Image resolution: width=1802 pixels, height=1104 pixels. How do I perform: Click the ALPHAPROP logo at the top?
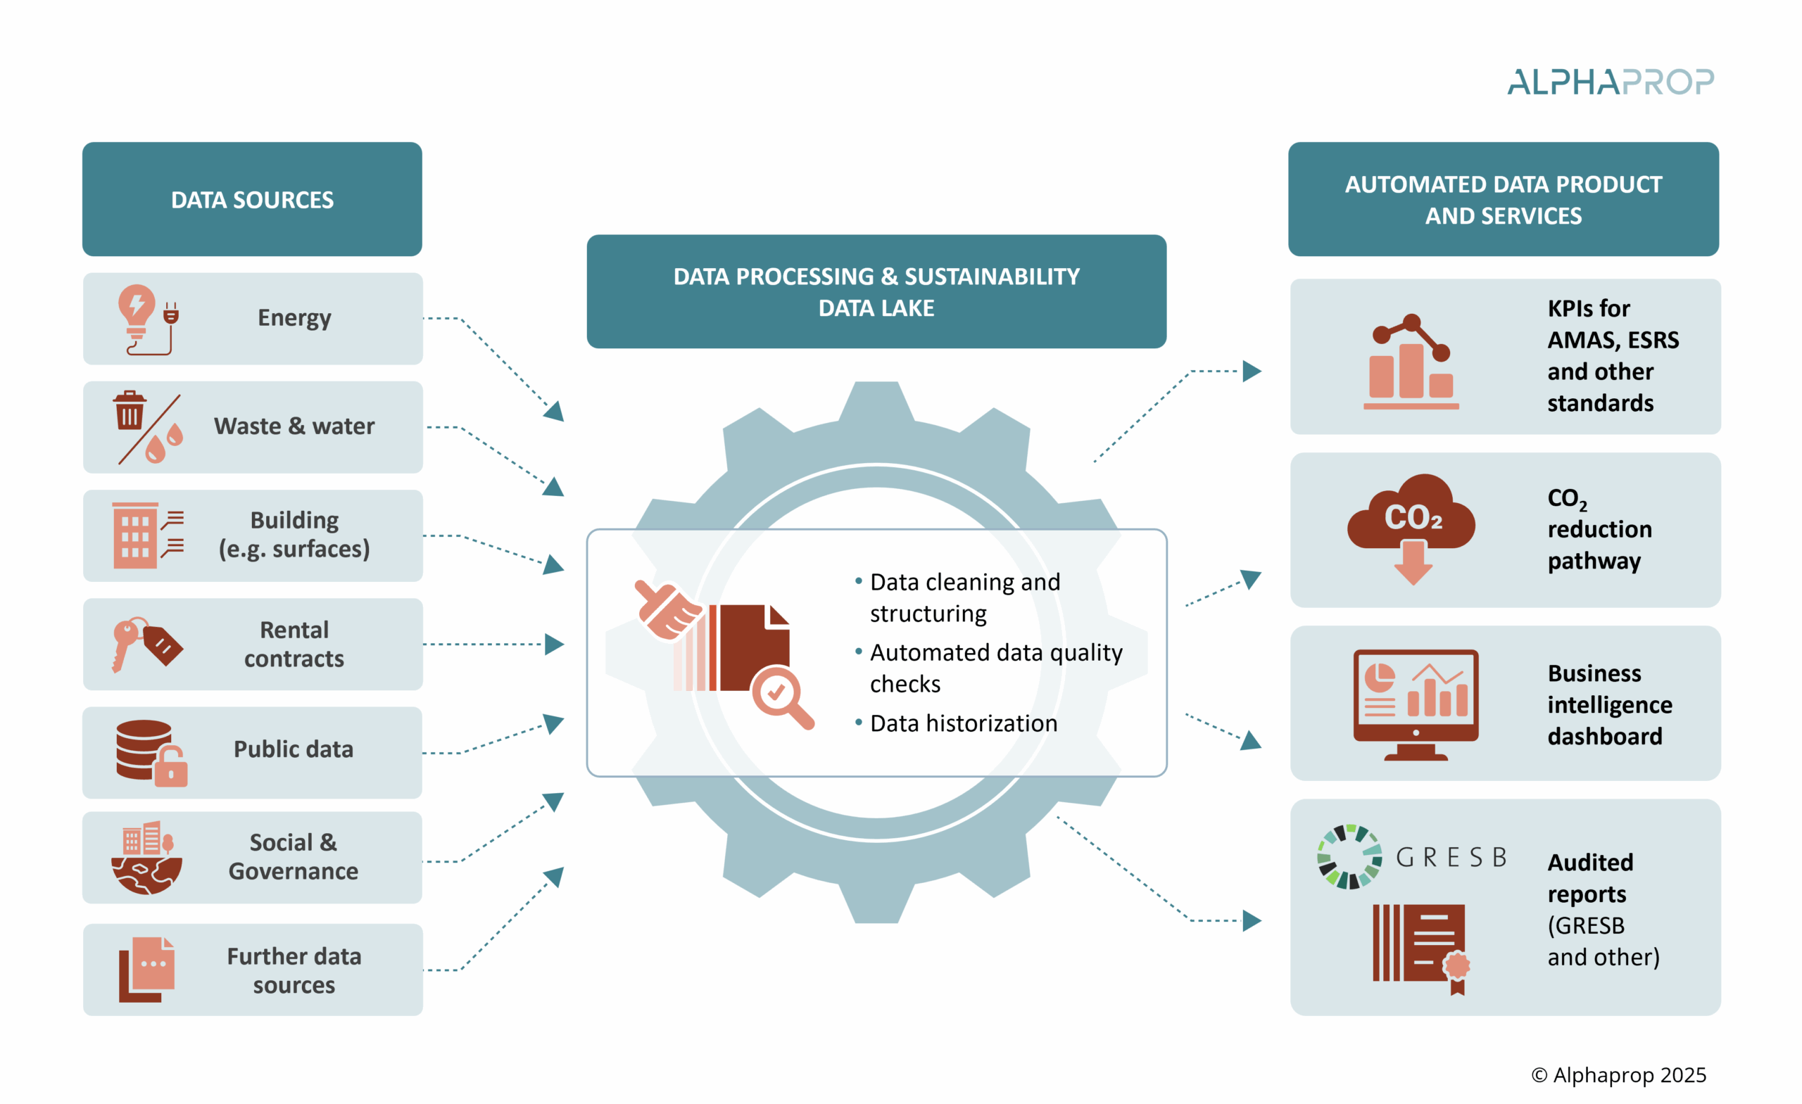pyautogui.click(x=1610, y=82)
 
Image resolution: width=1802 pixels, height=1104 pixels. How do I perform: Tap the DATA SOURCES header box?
pyautogui.click(x=252, y=199)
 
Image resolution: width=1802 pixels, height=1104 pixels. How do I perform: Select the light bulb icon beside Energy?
pyautogui.click(x=137, y=310)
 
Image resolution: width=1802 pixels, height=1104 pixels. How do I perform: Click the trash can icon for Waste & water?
pyautogui.click(x=130, y=411)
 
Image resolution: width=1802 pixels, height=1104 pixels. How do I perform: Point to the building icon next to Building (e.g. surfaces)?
pyautogui.click(x=135, y=535)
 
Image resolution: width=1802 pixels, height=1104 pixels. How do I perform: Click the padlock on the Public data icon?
pyautogui.click(x=171, y=768)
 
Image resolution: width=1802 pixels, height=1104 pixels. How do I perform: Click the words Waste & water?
pyautogui.click(x=294, y=426)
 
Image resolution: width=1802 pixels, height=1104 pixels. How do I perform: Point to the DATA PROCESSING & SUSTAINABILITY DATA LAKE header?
pyautogui.click(x=876, y=292)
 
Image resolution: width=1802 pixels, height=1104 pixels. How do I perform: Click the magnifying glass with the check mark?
pyautogui.click(x=781, y=694)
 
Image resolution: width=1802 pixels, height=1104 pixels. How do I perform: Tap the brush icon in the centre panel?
pyautogui.click(x=665, y=609)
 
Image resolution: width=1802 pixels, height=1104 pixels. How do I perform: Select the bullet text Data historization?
pyautogui.click(x=963, y=723)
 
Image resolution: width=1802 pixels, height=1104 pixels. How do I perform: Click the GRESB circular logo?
pyautogui.click(x=1349, y=857)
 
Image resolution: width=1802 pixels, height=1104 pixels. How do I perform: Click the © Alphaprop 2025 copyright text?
pyautogui.click(x=1618, y=1074)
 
